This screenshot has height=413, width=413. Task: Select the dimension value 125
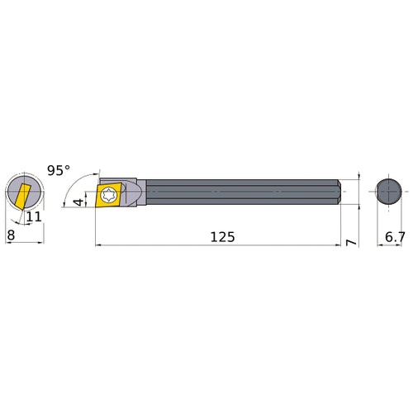(221, 236)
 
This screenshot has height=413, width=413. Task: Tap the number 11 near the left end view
(34, 217)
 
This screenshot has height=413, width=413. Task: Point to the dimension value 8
(10, 235)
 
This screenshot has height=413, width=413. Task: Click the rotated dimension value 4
(78, 202)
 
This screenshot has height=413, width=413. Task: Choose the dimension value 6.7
(395, 236)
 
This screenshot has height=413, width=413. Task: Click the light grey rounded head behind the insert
(137, 193)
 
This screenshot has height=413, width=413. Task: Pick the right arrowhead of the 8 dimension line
(40, 244)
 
